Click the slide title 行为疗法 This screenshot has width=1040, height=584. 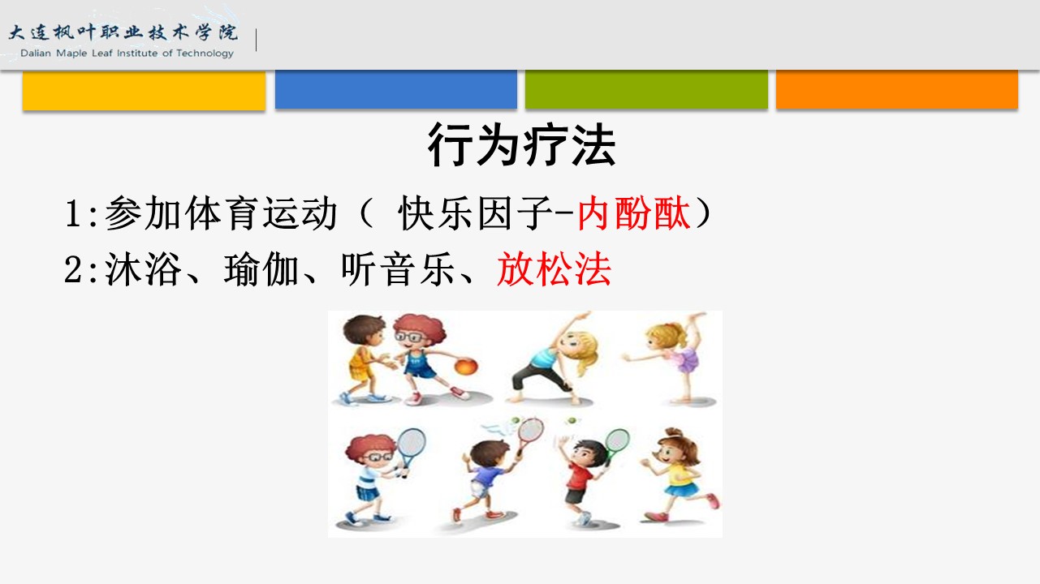(x=521, y=144)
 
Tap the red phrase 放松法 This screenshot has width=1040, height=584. (x=554, y=269)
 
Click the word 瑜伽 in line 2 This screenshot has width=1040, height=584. (x=261, y=269)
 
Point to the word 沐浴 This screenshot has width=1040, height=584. (x=143, y=269)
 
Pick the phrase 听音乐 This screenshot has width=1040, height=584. (x=398, y=269)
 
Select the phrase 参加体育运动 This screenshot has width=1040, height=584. (x=221, y=213)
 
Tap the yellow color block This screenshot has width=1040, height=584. (x=144, y=91)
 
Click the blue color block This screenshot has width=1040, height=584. (x=396, y=89)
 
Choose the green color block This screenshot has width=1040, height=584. (x=646, y=89)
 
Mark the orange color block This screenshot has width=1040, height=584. (x=897, y=89)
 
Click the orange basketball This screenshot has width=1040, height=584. (x=466, y=367)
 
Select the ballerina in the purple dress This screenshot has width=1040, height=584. (x=671, y=357)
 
